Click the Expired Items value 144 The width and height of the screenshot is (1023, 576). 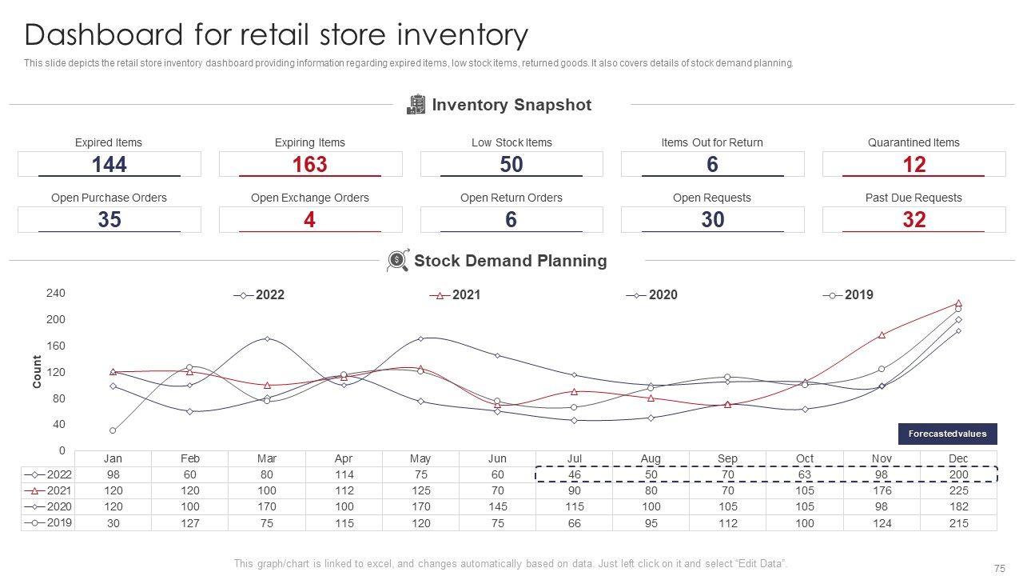(x=109, y=165)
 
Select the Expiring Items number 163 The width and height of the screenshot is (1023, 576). (x=310, y=165)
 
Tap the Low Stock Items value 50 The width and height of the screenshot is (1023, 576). (x=511, y=165)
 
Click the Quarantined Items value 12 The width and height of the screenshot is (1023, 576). (x=914, y=165)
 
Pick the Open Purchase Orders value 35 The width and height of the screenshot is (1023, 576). (x=109, y=220)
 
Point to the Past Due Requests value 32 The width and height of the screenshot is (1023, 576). (x=914, y=220)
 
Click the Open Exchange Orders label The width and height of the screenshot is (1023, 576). (x=310, y=198)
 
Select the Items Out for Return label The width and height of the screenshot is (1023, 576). (x=712, y=142)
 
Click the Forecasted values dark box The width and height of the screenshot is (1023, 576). (x=947, y=434)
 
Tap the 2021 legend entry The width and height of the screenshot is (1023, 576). (x=458, y=295)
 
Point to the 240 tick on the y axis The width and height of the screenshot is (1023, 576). (x=56, y=294)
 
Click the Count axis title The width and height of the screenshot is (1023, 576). (x=37, y=372)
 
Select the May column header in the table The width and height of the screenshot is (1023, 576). (x=420, y=458)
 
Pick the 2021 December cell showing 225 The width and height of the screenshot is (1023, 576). (x=958, y=490)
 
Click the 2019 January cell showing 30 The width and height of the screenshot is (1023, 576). (x=113, y=523)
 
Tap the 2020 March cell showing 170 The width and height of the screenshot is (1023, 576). (x=267, y=506)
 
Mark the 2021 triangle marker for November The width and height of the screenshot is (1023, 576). (x=882, y=335)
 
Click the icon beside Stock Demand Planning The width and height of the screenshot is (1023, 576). (x=397, y=261)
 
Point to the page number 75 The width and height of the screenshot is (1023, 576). (x=999, y=569)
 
